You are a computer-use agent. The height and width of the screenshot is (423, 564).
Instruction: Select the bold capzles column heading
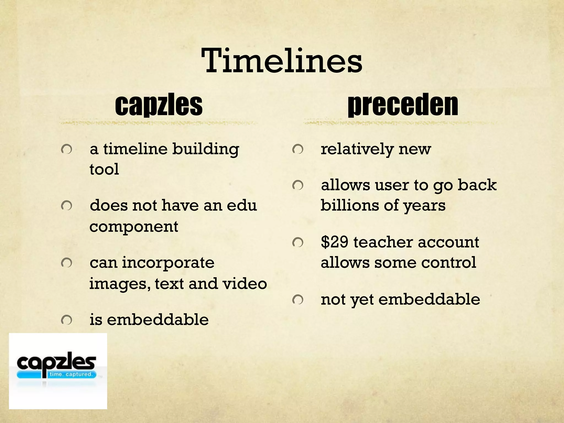click(159, 105)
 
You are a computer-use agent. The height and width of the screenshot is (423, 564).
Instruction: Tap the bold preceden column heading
click(403, 105)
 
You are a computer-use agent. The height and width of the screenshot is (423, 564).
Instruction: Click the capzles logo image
click(58, 371)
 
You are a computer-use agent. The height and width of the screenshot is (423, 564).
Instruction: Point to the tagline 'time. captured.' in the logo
click(70, 374)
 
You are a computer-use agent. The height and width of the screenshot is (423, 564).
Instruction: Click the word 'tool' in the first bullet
click(104, 169)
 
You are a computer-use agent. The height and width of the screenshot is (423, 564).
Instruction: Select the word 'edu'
click(242, 205)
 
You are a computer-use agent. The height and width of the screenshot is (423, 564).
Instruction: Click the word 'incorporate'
click(168, 262)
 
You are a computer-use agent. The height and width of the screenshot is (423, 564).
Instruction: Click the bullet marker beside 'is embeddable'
click(67, 320)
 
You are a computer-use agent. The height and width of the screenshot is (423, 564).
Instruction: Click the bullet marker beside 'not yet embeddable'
click(298, 299)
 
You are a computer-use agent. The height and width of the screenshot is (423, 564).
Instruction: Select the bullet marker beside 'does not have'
click(67, 205)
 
